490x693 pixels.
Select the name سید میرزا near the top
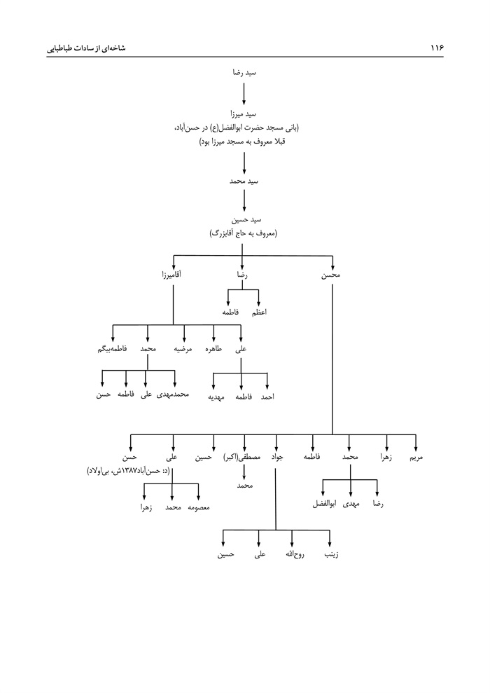(244, 114)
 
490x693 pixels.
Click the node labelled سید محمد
(244, 181)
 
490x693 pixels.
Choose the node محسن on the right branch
(331, 275)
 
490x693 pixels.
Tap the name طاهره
(214, 348)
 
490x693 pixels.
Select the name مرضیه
(184, 348)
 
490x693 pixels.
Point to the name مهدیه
(214, 397)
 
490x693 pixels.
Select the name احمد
(267, 397)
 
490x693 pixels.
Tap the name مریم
(416, 457)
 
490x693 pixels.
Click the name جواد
(276, 457)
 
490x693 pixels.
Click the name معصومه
(199, 506)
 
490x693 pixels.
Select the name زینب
(330, 555)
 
